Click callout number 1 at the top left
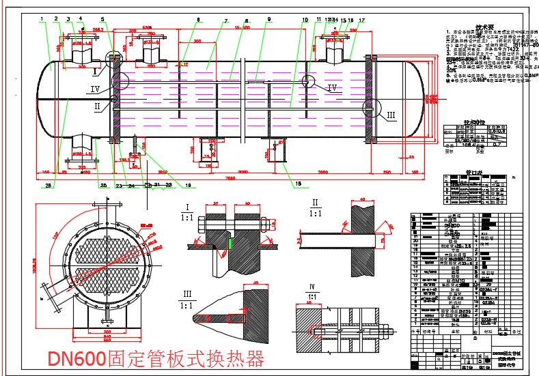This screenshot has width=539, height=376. [x=42, y=20]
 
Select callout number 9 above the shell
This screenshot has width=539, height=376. [x=269, y=20]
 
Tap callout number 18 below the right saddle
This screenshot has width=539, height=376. [x=296, y=182]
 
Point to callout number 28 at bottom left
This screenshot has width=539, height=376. [x=47, y=184]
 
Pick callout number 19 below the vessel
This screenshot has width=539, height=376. [x=188, y=184]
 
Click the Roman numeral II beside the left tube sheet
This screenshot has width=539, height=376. [x=97, y=106]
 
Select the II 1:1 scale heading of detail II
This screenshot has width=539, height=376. [x=315, y=207]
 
